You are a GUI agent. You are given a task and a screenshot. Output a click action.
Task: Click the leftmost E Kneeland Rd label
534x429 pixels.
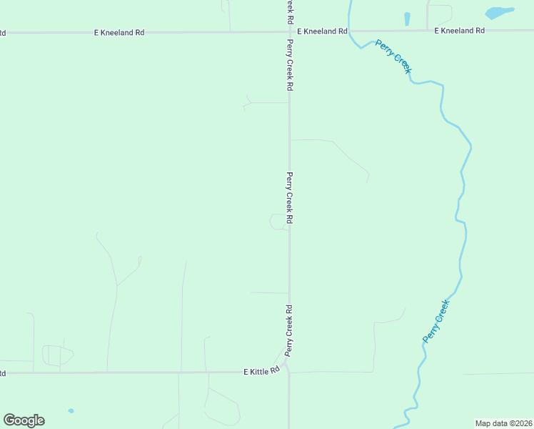tap(119, 33)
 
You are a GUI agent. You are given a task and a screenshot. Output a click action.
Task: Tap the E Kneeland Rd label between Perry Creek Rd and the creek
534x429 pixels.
tap(322, 31)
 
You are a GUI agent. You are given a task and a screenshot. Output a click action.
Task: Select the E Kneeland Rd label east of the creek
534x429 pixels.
tap(460, 31)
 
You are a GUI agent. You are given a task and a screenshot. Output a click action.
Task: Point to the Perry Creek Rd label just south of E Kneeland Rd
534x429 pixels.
tap(290, 64)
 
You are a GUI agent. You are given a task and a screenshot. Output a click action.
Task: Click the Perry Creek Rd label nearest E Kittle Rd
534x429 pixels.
tap(290, 330)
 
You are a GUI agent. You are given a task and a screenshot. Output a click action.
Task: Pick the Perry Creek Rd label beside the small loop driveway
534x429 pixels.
tap(290, 198)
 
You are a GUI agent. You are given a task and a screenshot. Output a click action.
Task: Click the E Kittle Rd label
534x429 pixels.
tap(261, 372)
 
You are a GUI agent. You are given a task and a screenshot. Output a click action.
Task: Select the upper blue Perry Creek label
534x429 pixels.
tap(393, 56)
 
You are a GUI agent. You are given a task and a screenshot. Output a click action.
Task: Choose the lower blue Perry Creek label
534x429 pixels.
tap(436, 321)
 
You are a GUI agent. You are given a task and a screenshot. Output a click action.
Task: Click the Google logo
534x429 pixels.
tap(24, 420)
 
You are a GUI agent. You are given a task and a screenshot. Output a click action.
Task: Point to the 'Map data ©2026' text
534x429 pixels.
tap(504, 423)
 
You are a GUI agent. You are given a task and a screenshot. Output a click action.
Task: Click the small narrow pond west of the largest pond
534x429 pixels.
tap(407, 19)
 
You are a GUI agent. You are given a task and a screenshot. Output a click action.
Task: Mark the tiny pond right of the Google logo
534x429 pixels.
tap(71, 411)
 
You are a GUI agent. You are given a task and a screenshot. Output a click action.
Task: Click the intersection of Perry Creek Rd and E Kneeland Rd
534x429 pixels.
tap(289, 31)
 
